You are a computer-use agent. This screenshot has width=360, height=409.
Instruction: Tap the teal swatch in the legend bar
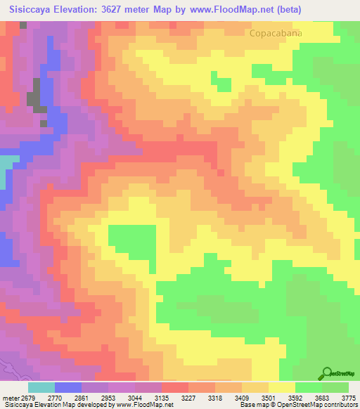41,387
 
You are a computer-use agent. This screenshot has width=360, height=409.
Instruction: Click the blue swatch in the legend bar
68,387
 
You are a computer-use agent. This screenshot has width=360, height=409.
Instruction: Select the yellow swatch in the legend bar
281,387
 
